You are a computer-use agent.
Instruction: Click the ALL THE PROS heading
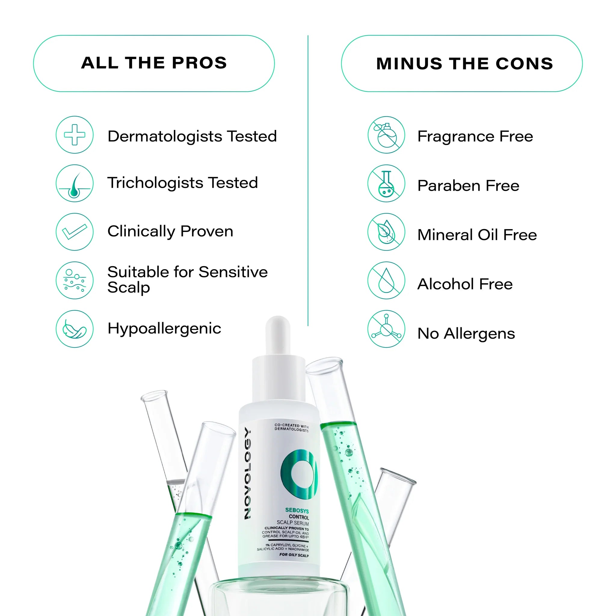click(154, 63)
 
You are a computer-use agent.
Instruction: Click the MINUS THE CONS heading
click(464, 63)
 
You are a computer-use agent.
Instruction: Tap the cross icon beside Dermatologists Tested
click(75, 134)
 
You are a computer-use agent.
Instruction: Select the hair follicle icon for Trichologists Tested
click(75, 183)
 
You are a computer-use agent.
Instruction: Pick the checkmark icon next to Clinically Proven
click(75, 232)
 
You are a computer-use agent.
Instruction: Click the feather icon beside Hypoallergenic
click(75, 329)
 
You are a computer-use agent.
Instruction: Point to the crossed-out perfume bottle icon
click(386, 135)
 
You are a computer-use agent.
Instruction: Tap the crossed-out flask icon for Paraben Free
click(386, 183)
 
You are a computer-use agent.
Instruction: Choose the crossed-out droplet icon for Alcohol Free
click(386, 280)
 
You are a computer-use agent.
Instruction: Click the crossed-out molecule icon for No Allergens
click(386, 329)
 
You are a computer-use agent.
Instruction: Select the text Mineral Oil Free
click(477, 235)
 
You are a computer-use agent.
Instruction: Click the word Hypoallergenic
click(164, 328)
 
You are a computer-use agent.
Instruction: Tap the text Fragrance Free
click(475, 137)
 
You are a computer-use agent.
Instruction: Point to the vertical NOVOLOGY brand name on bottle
click(248, 473)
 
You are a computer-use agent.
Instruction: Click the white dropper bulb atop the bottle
click(278, 335)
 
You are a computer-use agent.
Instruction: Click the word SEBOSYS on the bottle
click(297, 510)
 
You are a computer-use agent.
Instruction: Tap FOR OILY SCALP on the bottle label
click(294, 555)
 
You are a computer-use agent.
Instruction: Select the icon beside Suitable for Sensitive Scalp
click(75, 280)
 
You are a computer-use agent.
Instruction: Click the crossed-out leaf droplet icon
click(386, 232)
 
